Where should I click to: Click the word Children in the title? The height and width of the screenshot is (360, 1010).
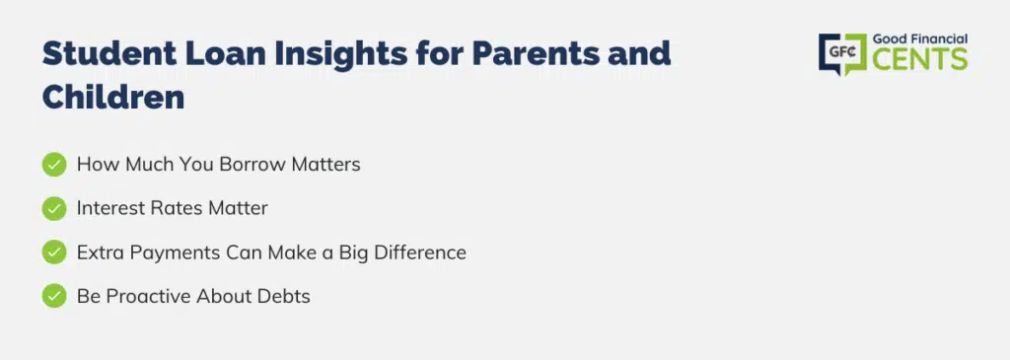tap(113, 98)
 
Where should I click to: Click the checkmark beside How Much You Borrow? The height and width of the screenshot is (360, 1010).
tap(54, 165)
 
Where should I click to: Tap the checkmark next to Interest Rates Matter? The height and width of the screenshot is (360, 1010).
tap(54, 208)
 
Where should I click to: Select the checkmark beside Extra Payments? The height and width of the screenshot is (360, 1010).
tap(54, 252)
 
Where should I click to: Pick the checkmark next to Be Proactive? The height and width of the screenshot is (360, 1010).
tap(54, 296)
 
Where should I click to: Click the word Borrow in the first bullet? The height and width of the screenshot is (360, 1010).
tap(252, 165)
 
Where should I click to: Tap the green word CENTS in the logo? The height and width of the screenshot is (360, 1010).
tap(920, 58)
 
